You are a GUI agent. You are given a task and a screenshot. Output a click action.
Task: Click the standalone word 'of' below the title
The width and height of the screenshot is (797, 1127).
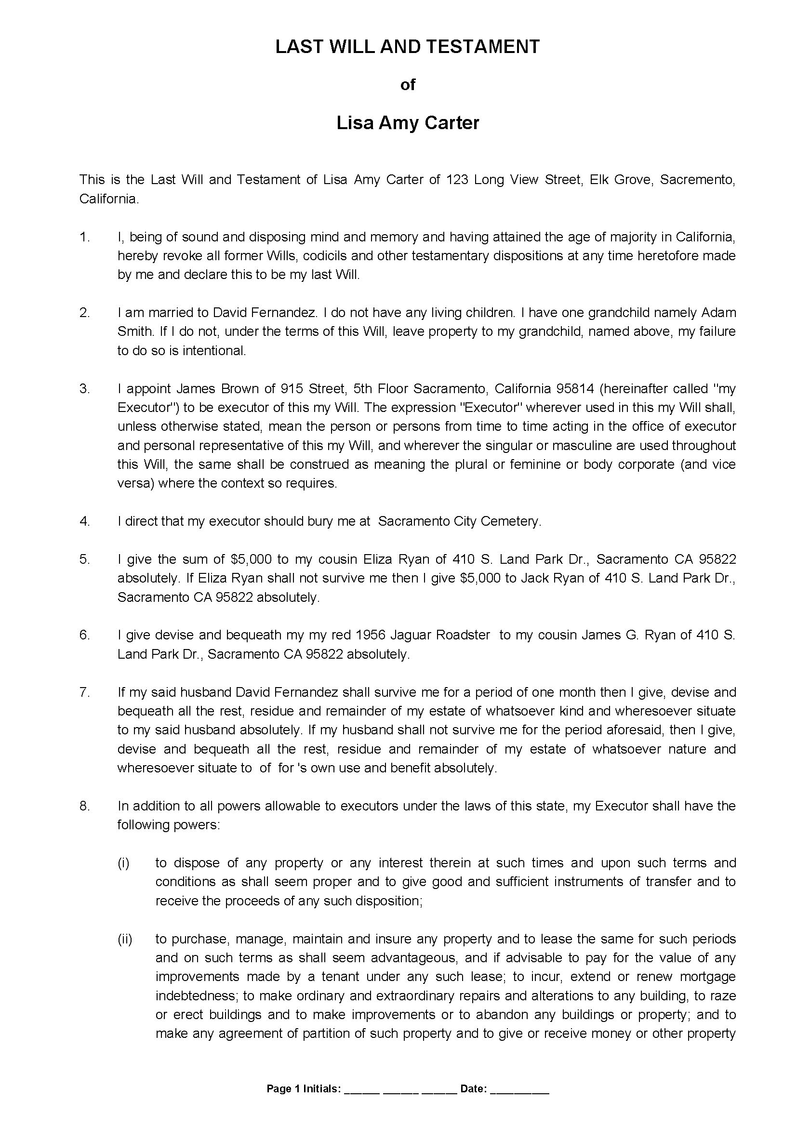tap(407, 85)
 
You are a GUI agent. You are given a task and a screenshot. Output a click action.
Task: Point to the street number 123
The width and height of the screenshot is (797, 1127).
tap(456, 180)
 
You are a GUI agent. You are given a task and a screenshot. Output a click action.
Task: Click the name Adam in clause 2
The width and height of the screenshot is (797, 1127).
tap(718, 313)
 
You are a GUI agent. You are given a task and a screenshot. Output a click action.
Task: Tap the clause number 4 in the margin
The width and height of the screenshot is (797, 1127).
tap(84, 521)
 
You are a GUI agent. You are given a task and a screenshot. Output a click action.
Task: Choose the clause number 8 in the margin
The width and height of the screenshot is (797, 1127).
tap(84, 807)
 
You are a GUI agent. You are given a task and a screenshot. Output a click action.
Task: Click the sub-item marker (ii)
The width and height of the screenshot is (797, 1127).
tap(124, 940)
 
